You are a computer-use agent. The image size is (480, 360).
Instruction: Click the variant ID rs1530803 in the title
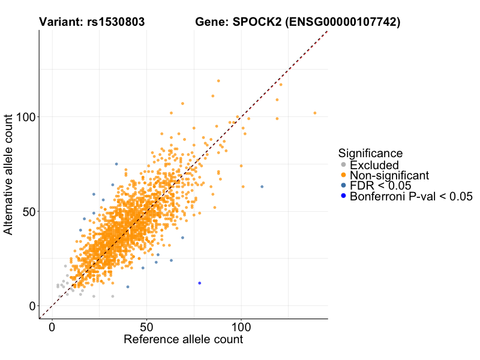(114, 23)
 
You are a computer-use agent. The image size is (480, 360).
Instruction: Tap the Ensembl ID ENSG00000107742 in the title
(343, 23)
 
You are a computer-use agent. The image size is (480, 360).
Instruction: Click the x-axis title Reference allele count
(183, 340)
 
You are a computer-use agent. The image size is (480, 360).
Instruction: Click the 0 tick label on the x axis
(52, 328)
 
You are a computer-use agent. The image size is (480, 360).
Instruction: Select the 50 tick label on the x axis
(147, 328)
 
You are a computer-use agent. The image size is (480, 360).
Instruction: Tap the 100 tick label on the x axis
(242, 328)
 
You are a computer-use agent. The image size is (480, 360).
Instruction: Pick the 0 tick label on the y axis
(33, 306)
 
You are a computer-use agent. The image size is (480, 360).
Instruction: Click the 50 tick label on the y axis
(29, 211)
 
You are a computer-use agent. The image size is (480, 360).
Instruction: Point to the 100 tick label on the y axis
(26, 116)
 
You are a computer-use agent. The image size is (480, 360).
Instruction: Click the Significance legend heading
(370, 153)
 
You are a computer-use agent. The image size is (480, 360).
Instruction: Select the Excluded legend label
(374, 165)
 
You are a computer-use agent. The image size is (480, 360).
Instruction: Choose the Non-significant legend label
(389, 175)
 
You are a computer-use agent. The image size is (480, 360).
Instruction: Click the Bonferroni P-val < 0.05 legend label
(412, 196)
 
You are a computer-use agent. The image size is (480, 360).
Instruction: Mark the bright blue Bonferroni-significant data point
(200, 283)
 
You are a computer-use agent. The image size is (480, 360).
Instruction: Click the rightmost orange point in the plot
(314, 113)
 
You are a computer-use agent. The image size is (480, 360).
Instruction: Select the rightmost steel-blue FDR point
(262, 187)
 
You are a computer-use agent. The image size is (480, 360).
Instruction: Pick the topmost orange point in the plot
(218, 80)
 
